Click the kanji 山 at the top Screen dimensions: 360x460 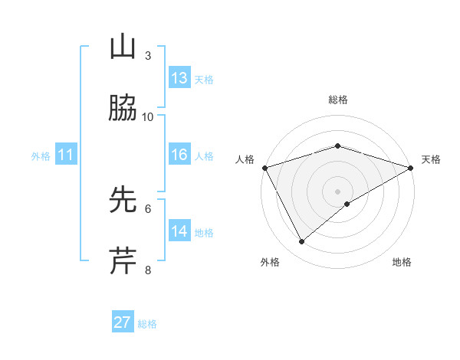(123, 47)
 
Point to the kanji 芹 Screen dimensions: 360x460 (123, 260)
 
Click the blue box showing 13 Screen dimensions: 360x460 (179, 78)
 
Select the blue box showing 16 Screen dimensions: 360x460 (179, 155)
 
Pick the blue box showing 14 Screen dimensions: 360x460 (179, 231)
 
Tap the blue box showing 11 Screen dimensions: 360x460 (66, 155)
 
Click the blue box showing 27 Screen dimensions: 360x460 (123, 322)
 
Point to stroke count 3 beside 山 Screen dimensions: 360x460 (148, 56)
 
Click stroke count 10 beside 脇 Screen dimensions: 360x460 (148, 117)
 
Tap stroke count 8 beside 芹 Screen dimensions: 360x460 (148, 270)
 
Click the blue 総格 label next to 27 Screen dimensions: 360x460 (147, 324)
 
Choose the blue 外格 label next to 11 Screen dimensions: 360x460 (41, 156)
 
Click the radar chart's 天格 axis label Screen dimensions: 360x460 (431, 159)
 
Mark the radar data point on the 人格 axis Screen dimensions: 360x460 (264, 167)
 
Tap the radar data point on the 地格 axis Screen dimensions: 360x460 (347, 204)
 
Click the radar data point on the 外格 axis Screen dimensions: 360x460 (302, 242)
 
